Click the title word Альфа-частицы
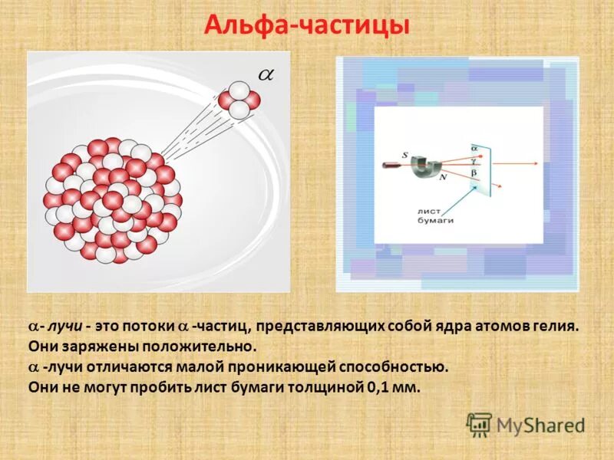click(x=307, y=26)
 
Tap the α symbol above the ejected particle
click(x=265, y=74)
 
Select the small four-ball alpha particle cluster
click(x=239, y=100)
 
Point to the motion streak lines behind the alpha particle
click(x=192, y=130)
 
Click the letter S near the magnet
click(x=405, y=155)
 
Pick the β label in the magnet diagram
click(x=474, y=173)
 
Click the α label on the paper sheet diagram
click(x=474, y=145)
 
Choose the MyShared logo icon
click(x=479, y=424)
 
